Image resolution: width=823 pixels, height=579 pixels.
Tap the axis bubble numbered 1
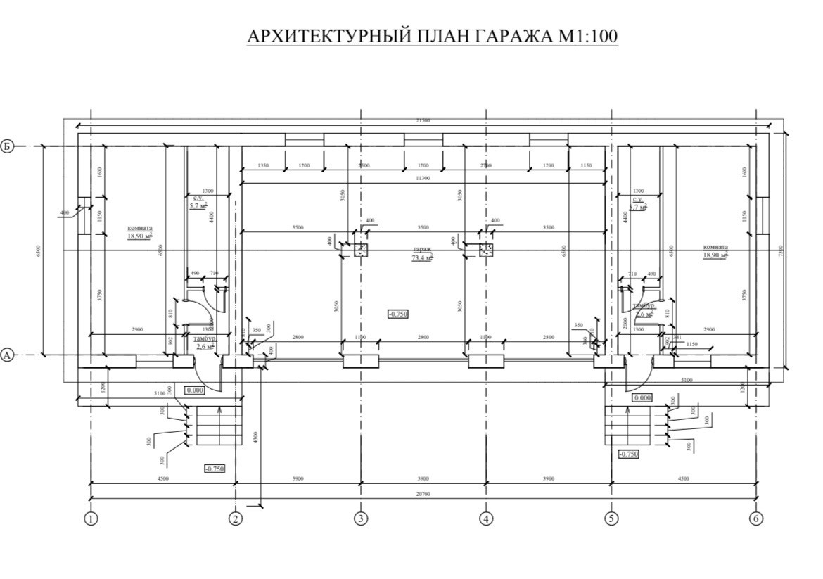tap(90, 519)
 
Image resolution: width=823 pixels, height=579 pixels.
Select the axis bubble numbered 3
tap(361, 519)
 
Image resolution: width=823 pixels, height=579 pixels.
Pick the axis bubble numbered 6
tap(756, 519)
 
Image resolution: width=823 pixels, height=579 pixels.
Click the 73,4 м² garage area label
tap(422, 258)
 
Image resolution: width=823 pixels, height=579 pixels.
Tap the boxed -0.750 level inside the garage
tap(398, 314)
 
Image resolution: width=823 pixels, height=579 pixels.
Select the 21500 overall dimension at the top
tap(423, 121)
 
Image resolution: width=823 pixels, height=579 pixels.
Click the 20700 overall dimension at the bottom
tap(423, 495)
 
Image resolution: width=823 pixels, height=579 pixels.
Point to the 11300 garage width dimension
tap(423, 178)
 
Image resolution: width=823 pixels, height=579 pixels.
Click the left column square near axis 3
tap(361, 250)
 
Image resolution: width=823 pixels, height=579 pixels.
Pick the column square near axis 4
tap(486, 250)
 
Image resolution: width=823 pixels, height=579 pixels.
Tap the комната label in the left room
tap(140, 228)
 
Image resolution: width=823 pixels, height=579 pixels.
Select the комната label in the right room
tap(715, 248)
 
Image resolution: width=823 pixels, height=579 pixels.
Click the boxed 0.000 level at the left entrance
tap(195, 389)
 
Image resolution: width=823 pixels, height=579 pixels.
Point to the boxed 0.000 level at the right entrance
tap(642, 398)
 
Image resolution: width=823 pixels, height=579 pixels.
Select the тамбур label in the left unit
tap(205, 339)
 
